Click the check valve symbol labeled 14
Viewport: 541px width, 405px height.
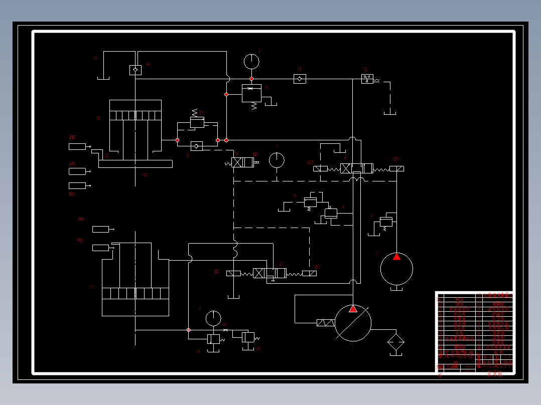(135, 70)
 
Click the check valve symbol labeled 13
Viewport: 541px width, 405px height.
(300, 79)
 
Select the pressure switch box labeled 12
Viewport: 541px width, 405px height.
(367, 79)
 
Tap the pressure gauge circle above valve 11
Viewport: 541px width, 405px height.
(251, 61)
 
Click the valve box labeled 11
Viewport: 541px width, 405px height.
(251, 94)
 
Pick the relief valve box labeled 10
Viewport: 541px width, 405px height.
(197, 122)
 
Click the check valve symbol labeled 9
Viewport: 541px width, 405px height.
(197, 146)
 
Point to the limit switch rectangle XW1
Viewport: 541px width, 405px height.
(78, 146)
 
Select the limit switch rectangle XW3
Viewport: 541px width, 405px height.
(78, 185)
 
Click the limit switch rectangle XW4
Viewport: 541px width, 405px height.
(100, 229)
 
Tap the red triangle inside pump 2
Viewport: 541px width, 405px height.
(396, 257)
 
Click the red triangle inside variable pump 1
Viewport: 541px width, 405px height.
(353, 309)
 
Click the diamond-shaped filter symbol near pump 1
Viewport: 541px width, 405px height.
(396, 342)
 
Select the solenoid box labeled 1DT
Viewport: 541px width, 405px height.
(396, 168)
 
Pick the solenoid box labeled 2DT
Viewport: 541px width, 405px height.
(320, 168)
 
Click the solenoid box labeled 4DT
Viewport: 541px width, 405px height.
(310, 273)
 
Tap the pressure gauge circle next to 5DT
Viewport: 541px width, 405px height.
(277, 160)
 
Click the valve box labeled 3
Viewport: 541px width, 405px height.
(386, 222)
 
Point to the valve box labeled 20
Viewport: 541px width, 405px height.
(248, 337)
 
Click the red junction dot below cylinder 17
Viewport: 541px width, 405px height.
(188, 330)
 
